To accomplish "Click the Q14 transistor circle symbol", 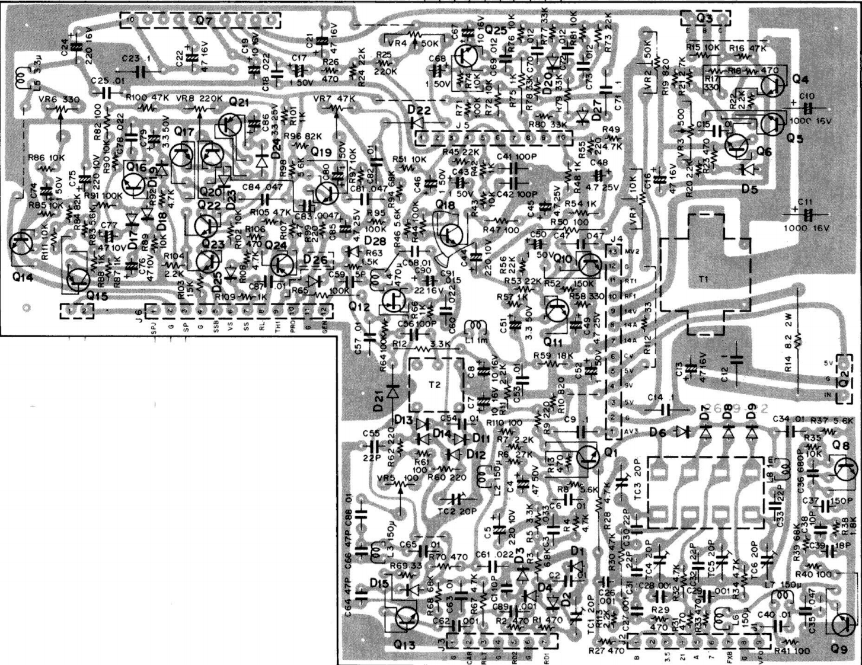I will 23,245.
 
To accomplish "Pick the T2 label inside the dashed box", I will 435,384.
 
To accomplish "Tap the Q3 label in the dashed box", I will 704,18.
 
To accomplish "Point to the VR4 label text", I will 397,43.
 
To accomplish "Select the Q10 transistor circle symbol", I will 589,263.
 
